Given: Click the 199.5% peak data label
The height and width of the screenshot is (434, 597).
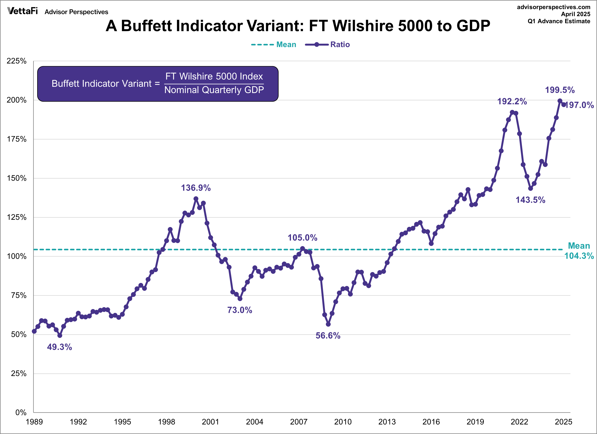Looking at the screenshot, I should point(560,90).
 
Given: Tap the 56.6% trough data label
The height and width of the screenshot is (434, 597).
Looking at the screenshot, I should point(328,336).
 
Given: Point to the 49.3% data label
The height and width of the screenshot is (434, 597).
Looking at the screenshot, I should point(59,347).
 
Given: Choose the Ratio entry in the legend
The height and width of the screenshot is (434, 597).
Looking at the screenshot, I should point(340,44).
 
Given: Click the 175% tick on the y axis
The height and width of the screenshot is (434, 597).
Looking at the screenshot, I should point(17,139).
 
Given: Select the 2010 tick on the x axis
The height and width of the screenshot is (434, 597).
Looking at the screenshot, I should point(343,422).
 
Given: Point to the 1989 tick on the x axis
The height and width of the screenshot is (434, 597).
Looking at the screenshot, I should point(34,422).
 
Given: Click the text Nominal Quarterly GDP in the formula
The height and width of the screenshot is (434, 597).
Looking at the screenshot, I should point(214,90).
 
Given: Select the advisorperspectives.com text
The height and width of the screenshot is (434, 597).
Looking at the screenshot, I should point(554,7).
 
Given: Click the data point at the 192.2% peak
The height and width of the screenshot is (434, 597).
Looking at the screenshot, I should point(512,112).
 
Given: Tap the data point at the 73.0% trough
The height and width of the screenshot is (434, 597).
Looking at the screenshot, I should point(240,299).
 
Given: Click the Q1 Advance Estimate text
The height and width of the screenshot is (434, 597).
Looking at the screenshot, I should point(559,21).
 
